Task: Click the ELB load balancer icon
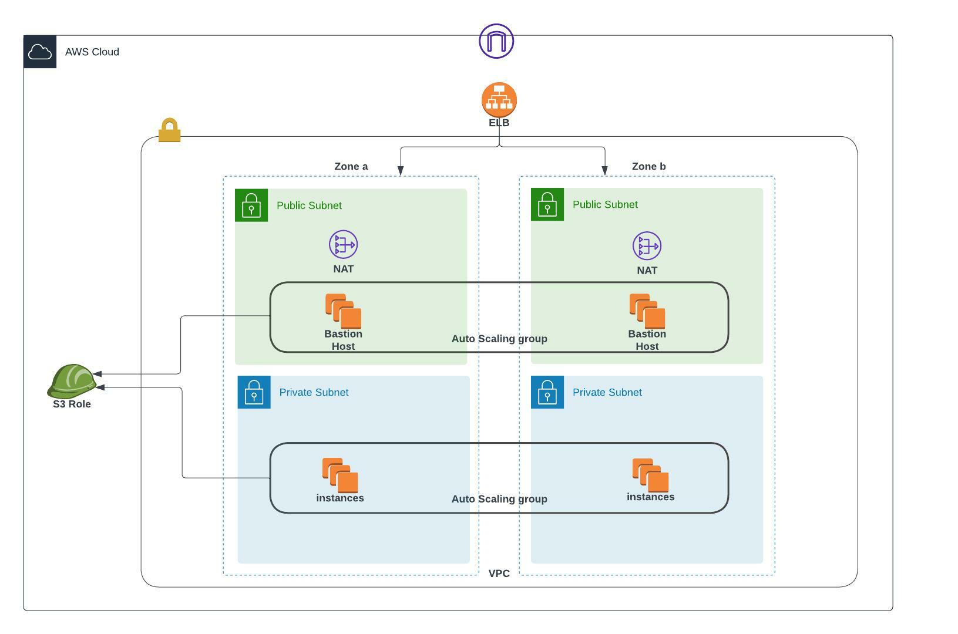point(499,100)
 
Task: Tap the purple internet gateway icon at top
point(496,41)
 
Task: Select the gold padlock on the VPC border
point(169,130)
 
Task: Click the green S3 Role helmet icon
point(72,381)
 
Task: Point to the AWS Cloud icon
point(40,52)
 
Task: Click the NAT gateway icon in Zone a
point(343,245)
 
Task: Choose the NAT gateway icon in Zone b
point(647,246)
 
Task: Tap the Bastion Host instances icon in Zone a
point(343,311)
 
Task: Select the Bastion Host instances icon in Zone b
point(647,311)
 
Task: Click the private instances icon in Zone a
point(340,475)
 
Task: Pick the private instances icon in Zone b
point(650,475)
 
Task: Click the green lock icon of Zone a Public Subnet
point(251,205)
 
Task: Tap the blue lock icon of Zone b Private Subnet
point(547,392)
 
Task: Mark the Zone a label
point(351,167)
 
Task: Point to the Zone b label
point(648,167)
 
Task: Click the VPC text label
point(499,574)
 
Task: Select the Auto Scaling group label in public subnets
point(499,339)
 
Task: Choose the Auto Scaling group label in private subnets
point(499,499)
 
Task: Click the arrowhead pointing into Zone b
point(604,171)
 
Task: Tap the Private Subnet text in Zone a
point(314,392)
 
